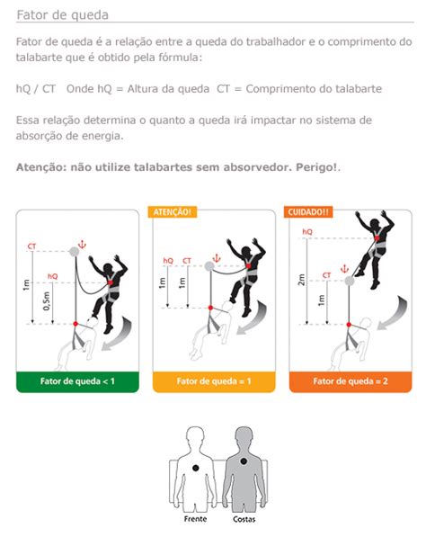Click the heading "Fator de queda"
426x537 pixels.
tap(63, 15)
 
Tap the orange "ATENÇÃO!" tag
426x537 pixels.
tap(173, 212)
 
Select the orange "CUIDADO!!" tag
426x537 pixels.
tap(308, 212)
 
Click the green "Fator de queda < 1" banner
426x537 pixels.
tap(77, 381)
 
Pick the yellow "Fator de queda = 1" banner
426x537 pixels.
tap(214, 381)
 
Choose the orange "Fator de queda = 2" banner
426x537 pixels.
tap(351, 381)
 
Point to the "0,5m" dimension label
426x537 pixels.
tap(47, 301)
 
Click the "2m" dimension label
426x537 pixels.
tap(301, 280)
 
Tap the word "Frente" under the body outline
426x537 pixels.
tap(195, 519)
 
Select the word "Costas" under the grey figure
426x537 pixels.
tap(244, 519)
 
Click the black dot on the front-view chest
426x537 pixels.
tap(196, 468)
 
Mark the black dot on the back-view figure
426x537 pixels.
tap(244, 461)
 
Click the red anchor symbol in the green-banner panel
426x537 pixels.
tap(82, 245)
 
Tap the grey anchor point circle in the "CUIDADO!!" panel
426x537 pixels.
tap(350, 282)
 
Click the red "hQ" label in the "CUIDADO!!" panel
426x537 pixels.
tap(307, 232)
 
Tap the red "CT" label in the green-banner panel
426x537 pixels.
tap(31, 246)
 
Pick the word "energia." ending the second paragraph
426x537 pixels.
tap(102, 137)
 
